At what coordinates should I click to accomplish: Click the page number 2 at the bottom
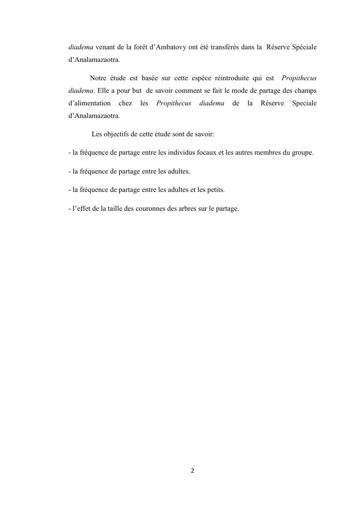point(192,471)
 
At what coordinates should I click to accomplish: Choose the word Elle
point(103,91)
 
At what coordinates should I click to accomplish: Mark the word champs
point(305,91)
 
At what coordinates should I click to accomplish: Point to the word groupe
point(302,153)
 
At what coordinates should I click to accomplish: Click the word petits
point(215,190)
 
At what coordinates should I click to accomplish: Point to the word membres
point(264,153)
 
